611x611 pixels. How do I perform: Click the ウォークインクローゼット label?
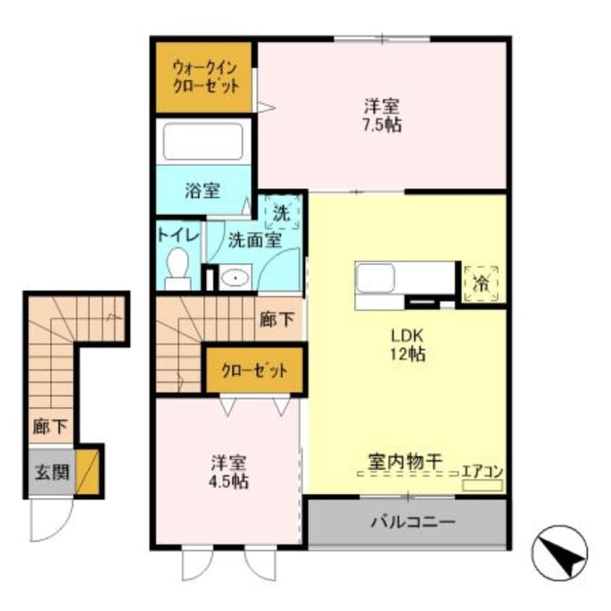(x=204, y=77)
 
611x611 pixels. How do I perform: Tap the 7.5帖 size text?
(x=382, y=124)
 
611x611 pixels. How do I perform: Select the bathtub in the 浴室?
(x=202, y=142)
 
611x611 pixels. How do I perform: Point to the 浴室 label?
(x=202, y=191)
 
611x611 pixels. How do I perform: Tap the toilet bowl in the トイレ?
(x=177, y=266)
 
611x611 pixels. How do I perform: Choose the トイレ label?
(x=174, y=236)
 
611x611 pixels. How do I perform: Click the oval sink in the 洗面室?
(x=234, y=277)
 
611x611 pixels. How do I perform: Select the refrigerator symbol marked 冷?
(x=480, y=283)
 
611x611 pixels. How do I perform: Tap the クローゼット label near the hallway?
(x=253, y=371)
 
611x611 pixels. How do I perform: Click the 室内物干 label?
(x=404, y=460)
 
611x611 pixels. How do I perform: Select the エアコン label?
(x=482, y=472)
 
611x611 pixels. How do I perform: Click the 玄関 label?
(x=51, y=472)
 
